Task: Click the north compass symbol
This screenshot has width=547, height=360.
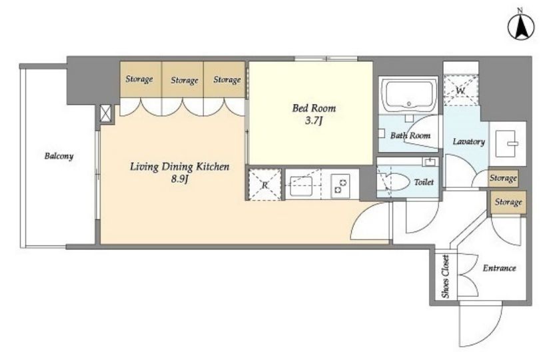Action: click(520, 26)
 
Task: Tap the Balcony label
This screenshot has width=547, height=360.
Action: click(59, 156)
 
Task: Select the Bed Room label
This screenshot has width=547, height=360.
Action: click(314, 108)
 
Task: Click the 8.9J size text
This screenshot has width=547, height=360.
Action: click(180, 179)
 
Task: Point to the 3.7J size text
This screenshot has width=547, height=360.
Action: click(314, 121)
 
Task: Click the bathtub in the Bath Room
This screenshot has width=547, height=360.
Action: click(408, 95)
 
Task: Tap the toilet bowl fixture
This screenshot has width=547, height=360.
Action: click(394, 181)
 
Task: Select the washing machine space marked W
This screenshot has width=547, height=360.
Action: click(460, 91)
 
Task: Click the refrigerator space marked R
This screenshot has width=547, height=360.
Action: click(265, 185)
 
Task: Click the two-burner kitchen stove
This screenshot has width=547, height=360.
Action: click(340, 186)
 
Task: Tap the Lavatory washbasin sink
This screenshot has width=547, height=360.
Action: click(506, 143)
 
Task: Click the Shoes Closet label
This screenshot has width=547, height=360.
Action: click(446, 277)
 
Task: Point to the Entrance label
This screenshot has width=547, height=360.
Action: click(499, 268)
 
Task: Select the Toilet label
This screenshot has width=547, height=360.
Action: click(424, 182)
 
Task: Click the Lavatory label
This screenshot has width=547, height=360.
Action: click(468, 141)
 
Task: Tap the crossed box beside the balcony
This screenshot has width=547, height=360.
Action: click(105, 113)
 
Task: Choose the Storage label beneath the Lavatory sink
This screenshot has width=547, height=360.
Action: click(503, 178)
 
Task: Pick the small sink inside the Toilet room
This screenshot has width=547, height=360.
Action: click(430, 162)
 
